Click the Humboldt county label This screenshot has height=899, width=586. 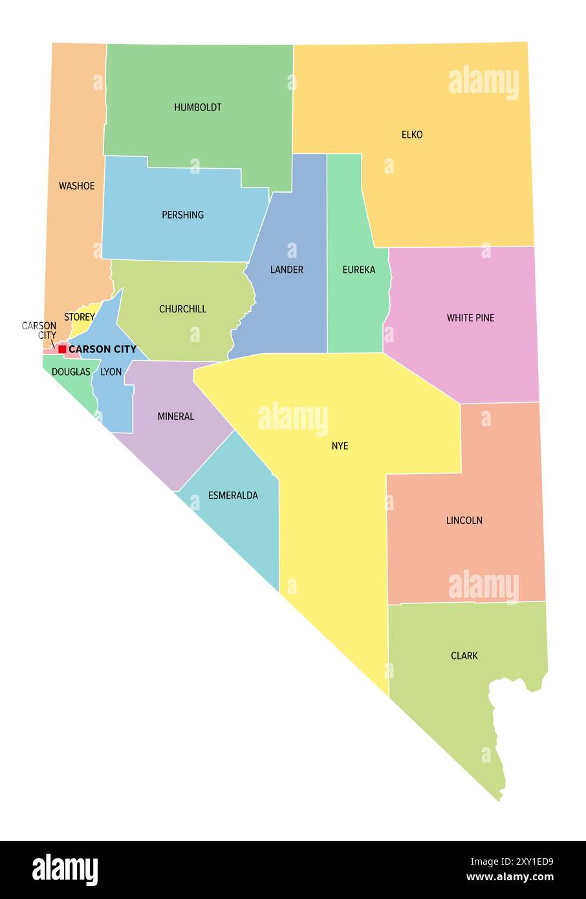[x=198, y=107]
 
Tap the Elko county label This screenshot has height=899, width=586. [x=412, y=135]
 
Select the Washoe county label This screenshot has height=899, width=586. [x=76, y=186]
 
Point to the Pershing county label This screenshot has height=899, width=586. [x=182, y=215]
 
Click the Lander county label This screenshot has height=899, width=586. [x=287, y=270]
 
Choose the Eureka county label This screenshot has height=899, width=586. [x=359, y=270]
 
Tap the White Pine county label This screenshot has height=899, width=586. [x=470, y=318]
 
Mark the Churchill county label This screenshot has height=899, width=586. [x=182, y=309]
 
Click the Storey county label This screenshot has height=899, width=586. [x=79, y=318]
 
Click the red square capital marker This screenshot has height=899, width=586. [x=62, y=349]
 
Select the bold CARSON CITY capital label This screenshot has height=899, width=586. [x=102, y=349]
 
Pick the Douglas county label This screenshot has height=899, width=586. [x=71, y=372]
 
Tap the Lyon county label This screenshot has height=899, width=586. [x=111, y=372]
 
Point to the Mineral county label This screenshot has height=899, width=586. [x=175, y=417]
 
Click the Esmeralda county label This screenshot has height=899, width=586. [x=233, y=495]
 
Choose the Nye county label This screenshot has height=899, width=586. [x=340, y=446]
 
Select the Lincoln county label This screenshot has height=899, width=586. [x=464, y=521]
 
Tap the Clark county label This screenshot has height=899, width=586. [x=464, y=656]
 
